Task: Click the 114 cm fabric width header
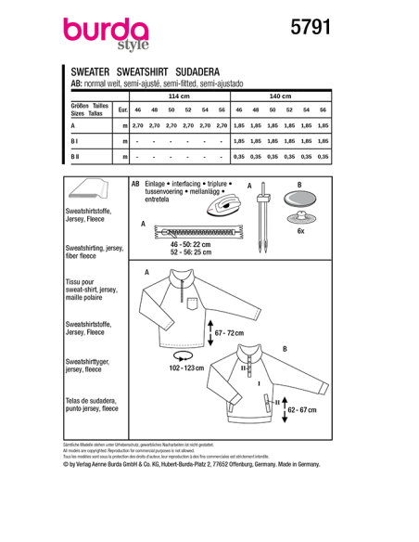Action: click(177, 96)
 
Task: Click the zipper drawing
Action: click(196, 228)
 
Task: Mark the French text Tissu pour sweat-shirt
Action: click(90, 296)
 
